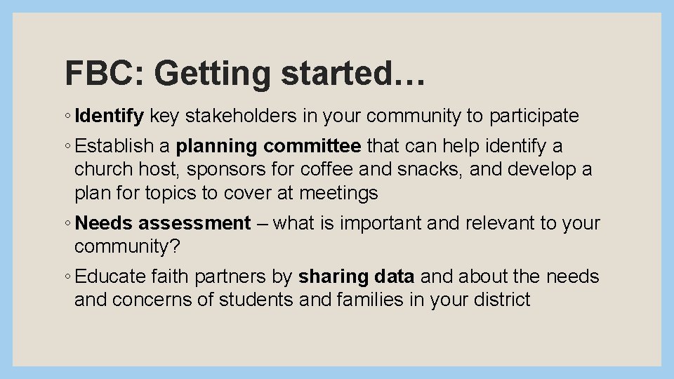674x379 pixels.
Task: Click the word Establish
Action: click(x=114, y=146)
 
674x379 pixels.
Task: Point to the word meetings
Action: click(x=338, y=192)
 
